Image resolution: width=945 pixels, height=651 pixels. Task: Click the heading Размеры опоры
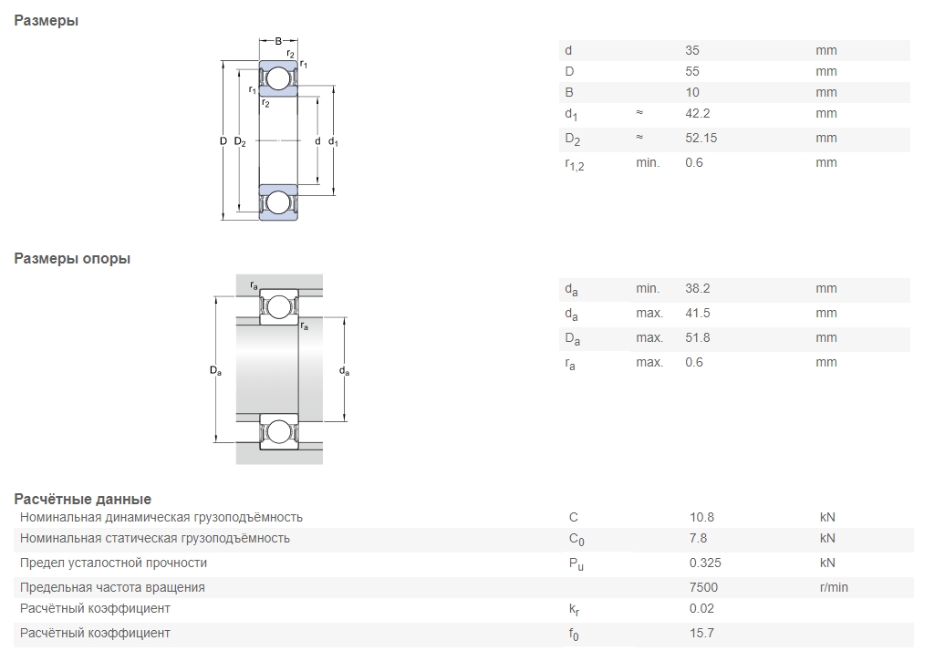tap(72, 259)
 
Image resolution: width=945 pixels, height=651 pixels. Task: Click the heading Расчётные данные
tap(83, 500)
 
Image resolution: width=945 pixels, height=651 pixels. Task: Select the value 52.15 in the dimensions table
tap(701, 138)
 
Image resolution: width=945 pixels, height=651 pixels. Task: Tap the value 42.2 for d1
tap(697, 113)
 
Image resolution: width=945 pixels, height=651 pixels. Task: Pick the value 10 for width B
tap(691, 92)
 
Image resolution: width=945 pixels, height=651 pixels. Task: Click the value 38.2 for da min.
tap(697, 288)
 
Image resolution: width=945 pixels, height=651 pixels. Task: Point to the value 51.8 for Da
tap(697, 338)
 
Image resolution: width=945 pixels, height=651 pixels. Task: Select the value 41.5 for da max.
tap(697, 313)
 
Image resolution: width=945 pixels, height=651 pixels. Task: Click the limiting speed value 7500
tap(703, 587)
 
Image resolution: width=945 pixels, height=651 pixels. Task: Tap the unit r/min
tap(834, 587)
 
